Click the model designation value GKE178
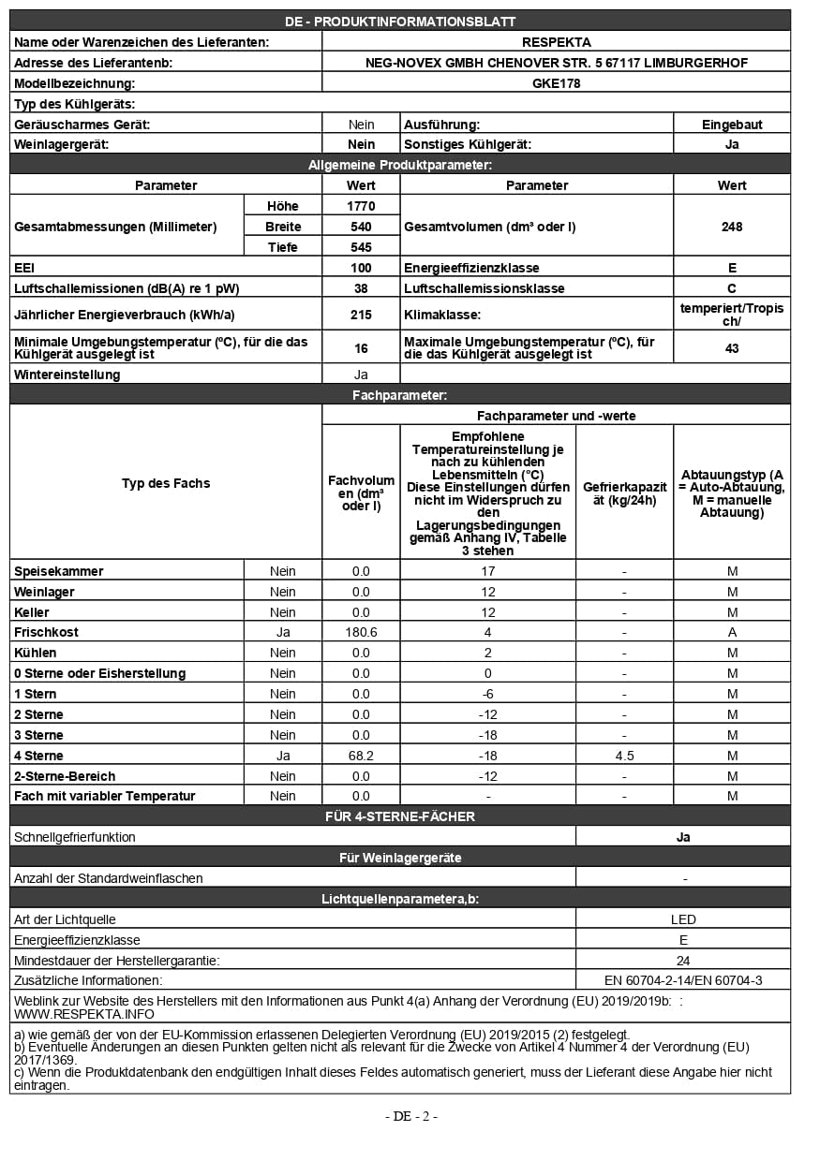(x=556, y=82)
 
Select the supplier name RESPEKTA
(x=556, y=41)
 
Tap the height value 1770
(x=361, y=205)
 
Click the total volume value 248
(x=732, y=227)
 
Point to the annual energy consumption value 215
(x=361, y=315)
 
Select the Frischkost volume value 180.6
(x=361, y=632)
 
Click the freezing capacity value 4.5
(x=624, y=756)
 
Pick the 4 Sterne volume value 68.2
(x=361, y=756)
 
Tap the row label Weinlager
(x=44, y=592)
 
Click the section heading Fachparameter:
(x=399, y=396)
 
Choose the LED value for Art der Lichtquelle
(x=683, y=919)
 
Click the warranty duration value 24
(x=683, y=961)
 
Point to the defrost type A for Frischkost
(x=732, y=632)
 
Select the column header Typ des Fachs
(x=166, y=483)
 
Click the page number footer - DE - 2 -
(x=410, y=1115)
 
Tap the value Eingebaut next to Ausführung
(x=732, y=124)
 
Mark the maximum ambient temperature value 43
(x=732, y=348)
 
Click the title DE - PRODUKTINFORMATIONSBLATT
(x=400, y=22)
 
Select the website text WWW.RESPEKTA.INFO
(x=84, y=1013)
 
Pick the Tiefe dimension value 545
(x=361, y=247)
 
